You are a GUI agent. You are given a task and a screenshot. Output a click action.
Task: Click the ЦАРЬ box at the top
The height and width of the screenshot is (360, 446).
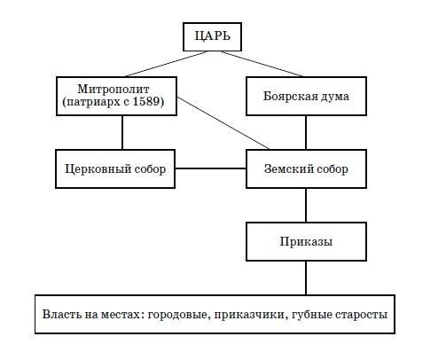[x=212, y=36]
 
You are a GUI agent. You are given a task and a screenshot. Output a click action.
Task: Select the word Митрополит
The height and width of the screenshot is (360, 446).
[x=113, y=89]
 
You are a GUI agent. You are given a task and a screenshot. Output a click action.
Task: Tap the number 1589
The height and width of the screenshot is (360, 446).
[x=146, y=101]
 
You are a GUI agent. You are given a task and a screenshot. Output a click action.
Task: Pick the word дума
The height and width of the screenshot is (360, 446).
[x=333, y=97]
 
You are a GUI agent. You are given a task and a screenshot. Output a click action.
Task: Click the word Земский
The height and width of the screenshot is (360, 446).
[x=284, y=168]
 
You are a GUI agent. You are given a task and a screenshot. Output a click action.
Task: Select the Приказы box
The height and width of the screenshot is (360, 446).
[x=306, y=241]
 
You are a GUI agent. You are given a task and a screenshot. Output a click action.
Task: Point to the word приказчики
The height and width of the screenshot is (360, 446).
[x=251, y=315]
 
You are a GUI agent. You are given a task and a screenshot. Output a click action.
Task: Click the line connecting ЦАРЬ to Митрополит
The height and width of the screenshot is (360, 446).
[x=166, y=64]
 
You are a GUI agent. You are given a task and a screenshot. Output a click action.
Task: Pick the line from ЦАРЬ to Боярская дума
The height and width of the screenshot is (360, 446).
[x=262, y=64]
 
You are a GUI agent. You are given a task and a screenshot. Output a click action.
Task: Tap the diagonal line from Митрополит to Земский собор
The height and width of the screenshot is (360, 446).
[x=223, y=123]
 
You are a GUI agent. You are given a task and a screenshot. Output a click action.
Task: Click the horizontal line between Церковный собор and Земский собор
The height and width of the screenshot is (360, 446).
[x=210, y=168]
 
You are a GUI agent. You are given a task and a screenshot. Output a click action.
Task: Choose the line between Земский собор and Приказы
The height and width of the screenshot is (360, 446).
[x=306, y=205]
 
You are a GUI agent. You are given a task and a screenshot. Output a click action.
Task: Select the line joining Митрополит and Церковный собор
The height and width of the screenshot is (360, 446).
[x=122, y=132]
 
